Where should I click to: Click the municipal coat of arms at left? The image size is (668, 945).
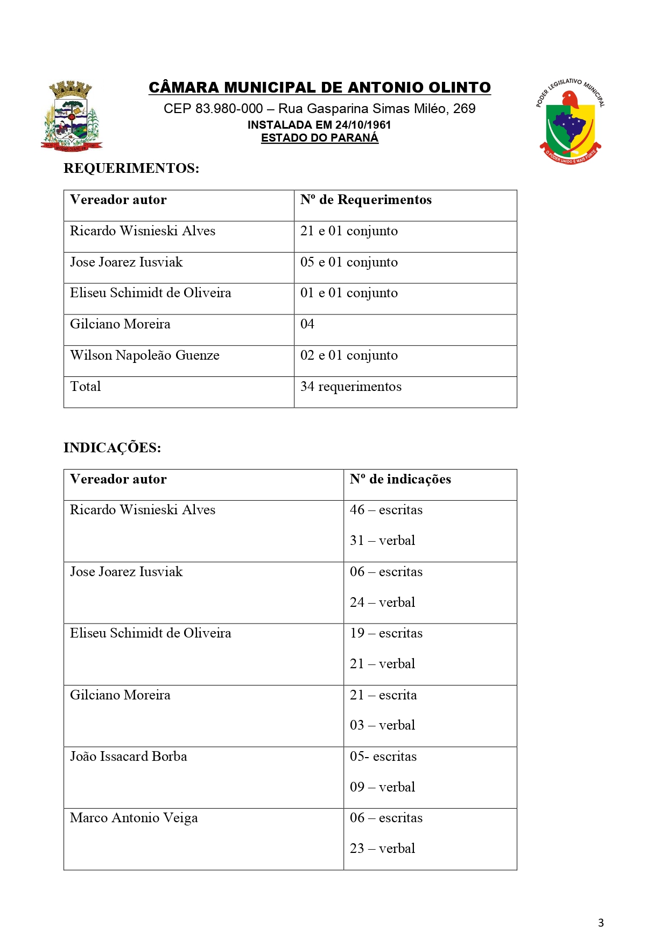72,116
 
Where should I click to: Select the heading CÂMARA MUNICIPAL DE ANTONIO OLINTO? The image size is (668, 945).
320,88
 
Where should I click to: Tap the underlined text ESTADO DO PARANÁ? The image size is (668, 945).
320,138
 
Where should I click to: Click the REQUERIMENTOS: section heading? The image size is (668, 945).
131,169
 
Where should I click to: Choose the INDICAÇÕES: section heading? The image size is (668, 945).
112,448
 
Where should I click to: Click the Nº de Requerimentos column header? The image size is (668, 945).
365,200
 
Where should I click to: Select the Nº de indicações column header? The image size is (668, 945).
400,479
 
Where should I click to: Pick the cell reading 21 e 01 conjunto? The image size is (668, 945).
349,232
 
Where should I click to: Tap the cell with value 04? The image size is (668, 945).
307,324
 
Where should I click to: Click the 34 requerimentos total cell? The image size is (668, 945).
350,387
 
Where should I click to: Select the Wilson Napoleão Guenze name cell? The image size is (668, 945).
144,355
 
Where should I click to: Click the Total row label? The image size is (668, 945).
85,387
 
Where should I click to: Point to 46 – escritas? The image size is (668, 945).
386,510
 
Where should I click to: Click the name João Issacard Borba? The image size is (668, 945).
128,757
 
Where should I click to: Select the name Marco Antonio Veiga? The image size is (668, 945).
133,818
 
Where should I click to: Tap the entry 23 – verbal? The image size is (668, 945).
382,849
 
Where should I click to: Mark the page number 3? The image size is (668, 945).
601,923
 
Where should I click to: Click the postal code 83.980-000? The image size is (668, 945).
229,109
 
